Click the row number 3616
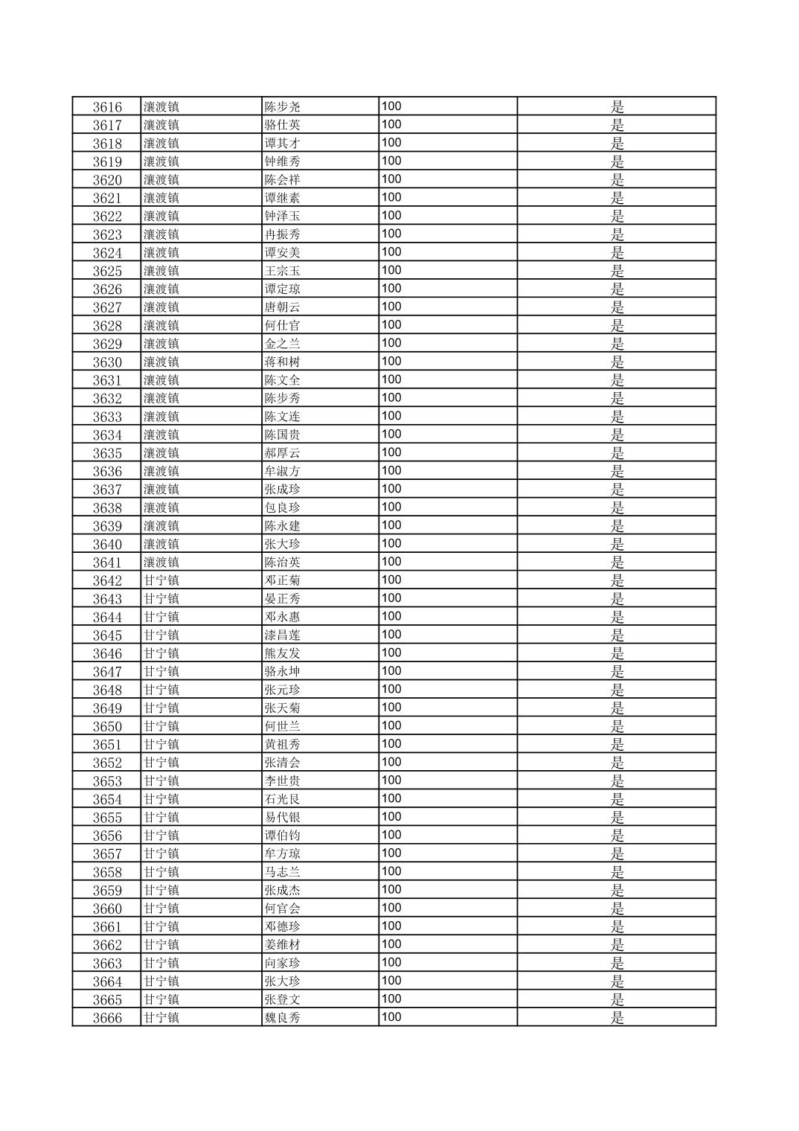(107, 106)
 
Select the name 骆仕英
(283, 125)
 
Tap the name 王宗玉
(283, 271)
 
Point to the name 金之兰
(283, 344)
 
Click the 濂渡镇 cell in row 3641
(161, 563)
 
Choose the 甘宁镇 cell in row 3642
(161, 580)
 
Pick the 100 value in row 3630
(391, 362)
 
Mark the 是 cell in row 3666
(617, 1018)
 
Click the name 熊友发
(283, 653)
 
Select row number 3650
(107, 726)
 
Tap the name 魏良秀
(283, 1018)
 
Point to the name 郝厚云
(283, 453)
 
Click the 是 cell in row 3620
(617, 179)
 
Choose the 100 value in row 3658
(391, 871)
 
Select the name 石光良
(283, 799)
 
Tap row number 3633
(107, 417)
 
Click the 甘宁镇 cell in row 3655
(161, 817)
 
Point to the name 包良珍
(283, 507)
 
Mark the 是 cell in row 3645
(617, 635)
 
